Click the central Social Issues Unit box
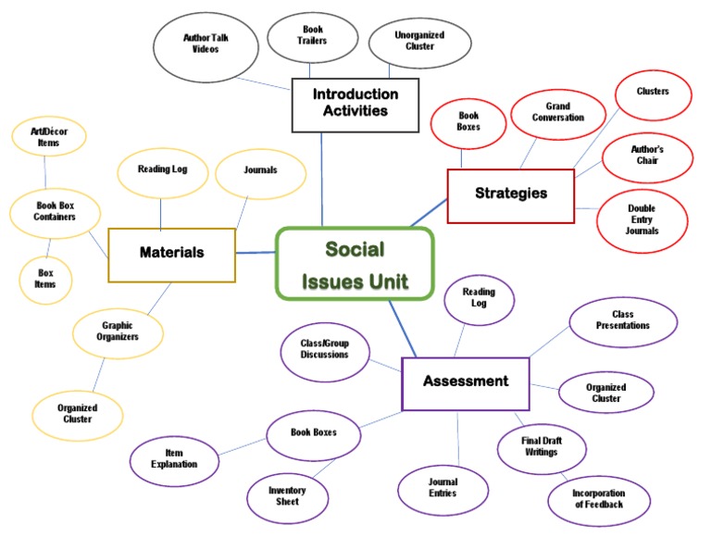355,264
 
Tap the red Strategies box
510,194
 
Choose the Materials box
171,253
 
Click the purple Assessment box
465,382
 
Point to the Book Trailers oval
314,36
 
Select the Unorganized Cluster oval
419,42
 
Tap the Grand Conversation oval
557,113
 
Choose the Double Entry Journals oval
642,220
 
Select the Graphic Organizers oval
119,331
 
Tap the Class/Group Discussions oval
324,350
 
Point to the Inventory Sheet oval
287,496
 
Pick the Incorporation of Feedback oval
599,500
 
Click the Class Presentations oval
622,321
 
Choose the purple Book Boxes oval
313,432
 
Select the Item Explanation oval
175,459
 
